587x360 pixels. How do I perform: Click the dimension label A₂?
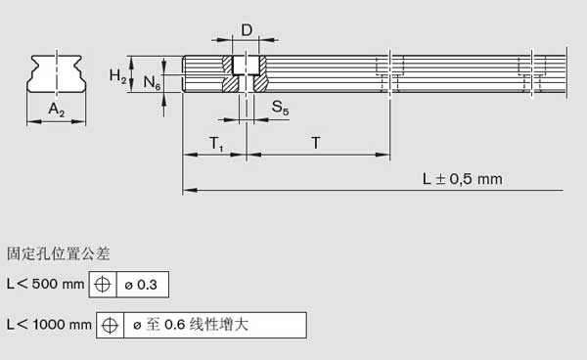(x=57, y=111)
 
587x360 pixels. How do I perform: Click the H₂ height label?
(x=116, y=76)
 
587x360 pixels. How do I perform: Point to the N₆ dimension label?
(x=152, y=83)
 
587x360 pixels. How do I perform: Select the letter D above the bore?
(x=247, y=31)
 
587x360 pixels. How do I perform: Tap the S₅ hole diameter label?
(x=280, y=108)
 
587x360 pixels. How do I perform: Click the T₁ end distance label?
(x=216, y=144)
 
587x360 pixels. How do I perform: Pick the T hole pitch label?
(x=316, y=144)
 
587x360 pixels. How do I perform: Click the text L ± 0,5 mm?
(x=462, y=179)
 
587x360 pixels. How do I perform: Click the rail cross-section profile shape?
(x=56, y=74)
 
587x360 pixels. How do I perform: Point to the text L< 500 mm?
(x=45, y=285)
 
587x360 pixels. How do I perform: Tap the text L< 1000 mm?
(x=48, y=324)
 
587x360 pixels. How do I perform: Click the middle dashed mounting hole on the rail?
(x=389, y=73)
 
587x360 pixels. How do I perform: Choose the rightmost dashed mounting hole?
(x=532, y=73)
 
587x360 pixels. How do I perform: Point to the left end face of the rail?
(x=184, y=73)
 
